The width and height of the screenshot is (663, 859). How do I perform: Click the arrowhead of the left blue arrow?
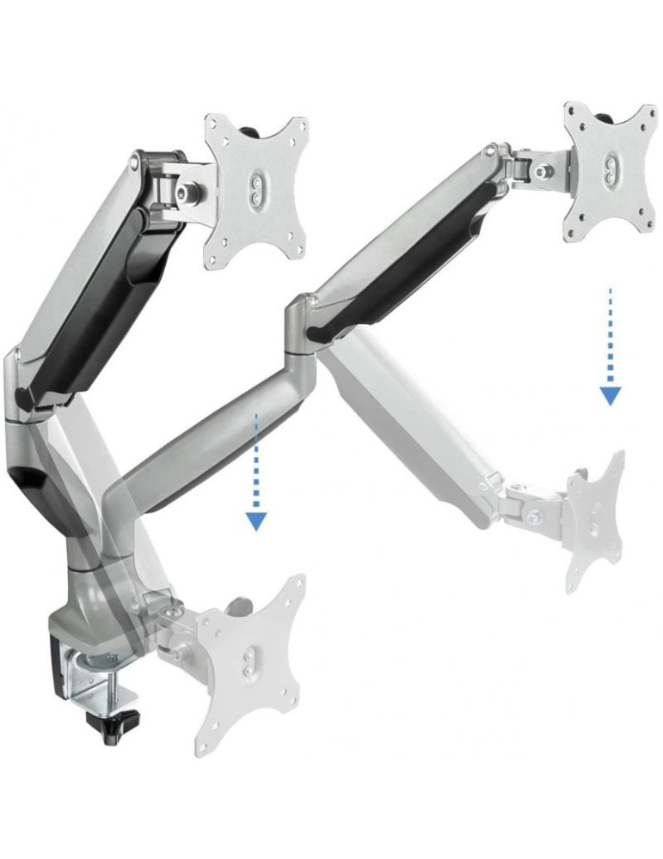pyautogui.click(x=256, y=521)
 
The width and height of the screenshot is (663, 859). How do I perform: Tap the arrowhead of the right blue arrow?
pyautogui.click(x=611, y=395)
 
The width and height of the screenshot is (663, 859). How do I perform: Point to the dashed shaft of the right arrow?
pyautogui.click(x=611, y=335)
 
